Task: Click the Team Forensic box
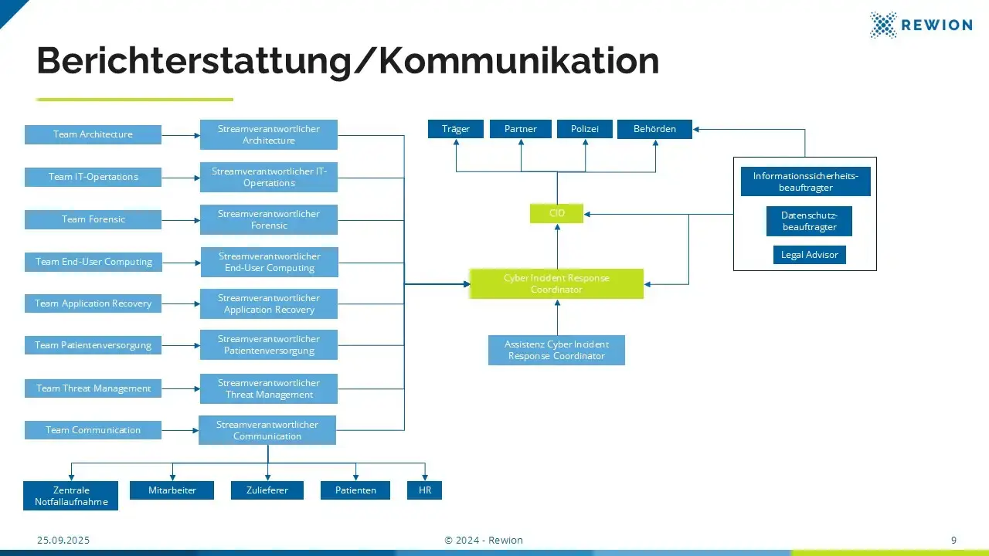pos(93,219)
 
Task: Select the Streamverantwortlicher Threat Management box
pos(268,388)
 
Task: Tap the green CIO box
pos(556,213)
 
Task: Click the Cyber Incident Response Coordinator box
pos(556,283)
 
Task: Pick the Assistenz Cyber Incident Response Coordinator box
pos(556,350)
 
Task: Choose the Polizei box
pos(584,129)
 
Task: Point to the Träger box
pos(455,129)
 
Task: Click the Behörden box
pos(654,129)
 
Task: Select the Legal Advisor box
pos(809,255)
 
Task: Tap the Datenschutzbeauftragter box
pos(809,221)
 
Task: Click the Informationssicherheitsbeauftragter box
pos(805,181)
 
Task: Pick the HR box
pos(424,490)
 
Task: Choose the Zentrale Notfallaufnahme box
pos(71,496)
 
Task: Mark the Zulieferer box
pos(267,490)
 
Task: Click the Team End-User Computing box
pos(93,262)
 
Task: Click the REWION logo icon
pos(883,25)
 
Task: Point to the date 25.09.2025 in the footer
pos(63,541)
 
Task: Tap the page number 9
pos(953,541)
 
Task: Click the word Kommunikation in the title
pos(518,62)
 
